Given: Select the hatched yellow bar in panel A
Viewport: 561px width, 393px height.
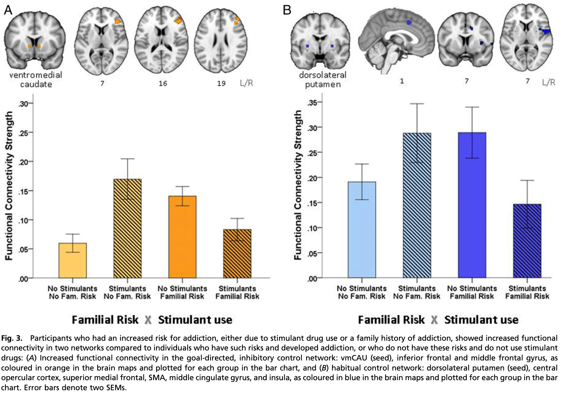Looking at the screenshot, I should pos(127,228).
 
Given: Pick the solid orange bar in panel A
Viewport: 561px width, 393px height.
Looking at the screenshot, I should pos(182,237).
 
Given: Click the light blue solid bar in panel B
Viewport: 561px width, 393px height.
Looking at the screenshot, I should pos(362,230).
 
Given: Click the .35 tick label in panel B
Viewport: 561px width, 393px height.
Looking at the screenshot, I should pos(312,102).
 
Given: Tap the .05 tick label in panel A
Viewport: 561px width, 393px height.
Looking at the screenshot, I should pos(23,249).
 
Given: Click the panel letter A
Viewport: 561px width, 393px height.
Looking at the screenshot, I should pos(8,10).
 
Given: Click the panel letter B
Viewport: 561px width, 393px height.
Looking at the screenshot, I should pos(287,10).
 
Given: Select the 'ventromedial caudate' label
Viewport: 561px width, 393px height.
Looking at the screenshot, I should pos(36,80).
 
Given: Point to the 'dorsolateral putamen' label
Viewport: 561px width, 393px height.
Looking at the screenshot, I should pos(323,80).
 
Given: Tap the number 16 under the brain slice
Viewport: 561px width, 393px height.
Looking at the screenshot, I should pos(163,83).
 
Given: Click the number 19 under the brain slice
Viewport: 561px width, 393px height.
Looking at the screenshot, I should pos(221,83).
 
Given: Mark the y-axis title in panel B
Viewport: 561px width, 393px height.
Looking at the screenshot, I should pos(298,185).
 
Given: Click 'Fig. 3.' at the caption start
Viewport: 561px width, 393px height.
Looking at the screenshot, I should pos(12,338).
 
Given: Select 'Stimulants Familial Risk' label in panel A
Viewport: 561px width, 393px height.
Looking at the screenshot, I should pos(237,292).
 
